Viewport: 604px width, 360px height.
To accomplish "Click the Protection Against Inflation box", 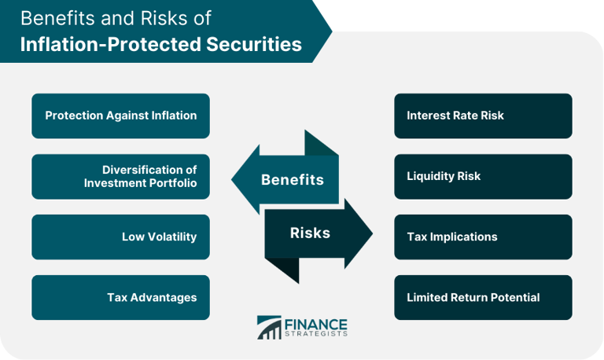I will (120, 116).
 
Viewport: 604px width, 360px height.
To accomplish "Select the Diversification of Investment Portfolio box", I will (120, 176).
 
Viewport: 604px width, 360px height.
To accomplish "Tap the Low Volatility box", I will (120, 237).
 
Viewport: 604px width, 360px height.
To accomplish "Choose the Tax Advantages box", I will (120, 297).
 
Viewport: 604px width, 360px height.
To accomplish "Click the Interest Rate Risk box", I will (483, 116).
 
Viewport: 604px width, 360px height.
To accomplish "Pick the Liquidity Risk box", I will (483, 176).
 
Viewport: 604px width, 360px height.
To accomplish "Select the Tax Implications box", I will (483, 237).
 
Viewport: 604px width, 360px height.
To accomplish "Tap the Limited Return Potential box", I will (483, 297).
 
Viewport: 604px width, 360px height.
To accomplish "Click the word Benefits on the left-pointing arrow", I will (292, 180).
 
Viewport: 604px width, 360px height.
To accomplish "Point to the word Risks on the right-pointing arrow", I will (310, 233).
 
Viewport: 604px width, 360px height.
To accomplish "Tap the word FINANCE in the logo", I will (315, 322).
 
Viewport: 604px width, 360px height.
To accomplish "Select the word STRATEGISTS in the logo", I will (315, 334).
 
